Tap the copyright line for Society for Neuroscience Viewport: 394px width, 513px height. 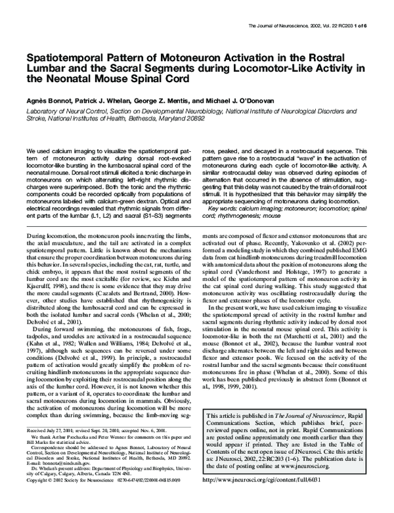click(x=66, y=498)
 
